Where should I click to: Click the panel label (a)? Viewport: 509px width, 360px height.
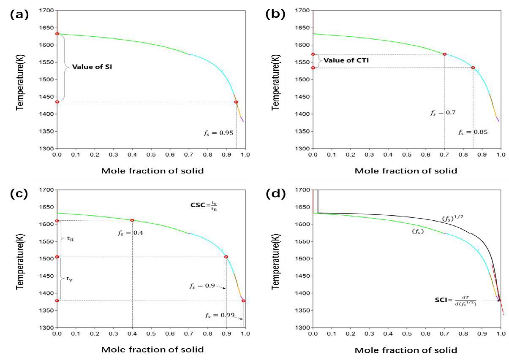19,15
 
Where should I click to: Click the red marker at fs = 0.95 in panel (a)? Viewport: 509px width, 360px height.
236,102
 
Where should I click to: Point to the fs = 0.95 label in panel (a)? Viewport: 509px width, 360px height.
218,133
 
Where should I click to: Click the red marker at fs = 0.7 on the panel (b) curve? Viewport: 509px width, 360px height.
444,54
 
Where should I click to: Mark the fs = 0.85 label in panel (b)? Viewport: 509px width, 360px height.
473,132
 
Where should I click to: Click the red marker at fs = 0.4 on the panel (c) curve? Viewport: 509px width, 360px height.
132,220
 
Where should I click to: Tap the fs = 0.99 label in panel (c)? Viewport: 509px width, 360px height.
219,315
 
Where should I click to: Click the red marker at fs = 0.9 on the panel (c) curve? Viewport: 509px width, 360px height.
226,257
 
